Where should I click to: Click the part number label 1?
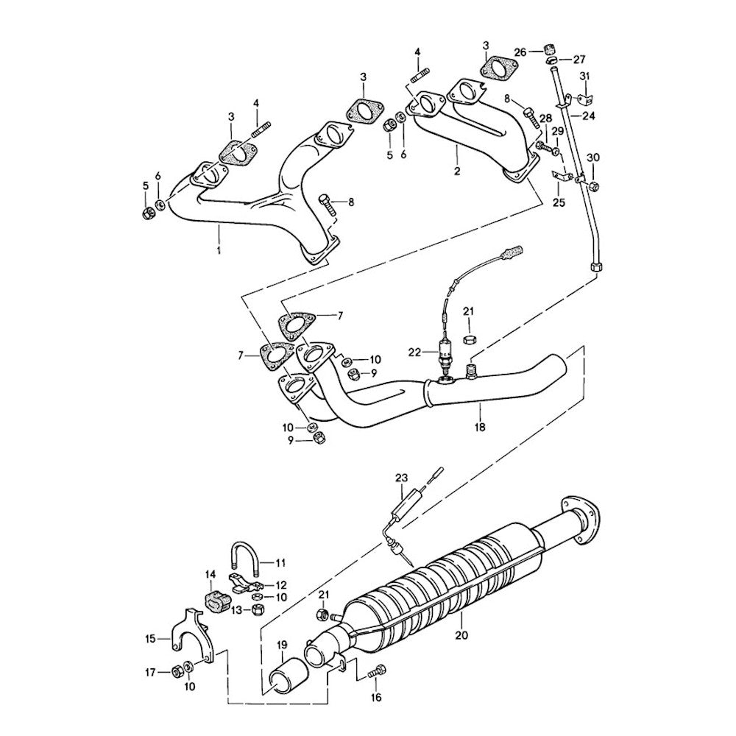tap(219, 251)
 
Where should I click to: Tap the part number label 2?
tap(457, 171)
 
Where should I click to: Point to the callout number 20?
tap(461, 635)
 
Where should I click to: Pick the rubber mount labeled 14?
tap(214, 597)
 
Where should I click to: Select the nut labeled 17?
tap(176, 670)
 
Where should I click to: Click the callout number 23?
tap(401, 478)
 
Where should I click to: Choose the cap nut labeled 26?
tap(548, 51)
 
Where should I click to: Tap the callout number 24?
tap(588, 116)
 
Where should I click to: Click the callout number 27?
tap(579, 59)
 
